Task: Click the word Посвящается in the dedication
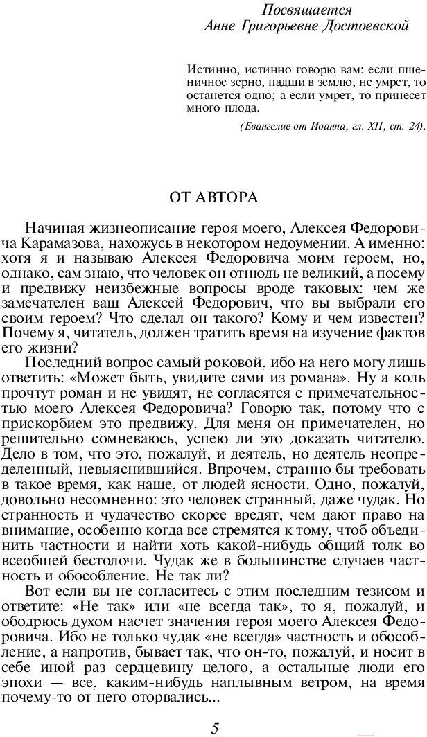click(x=307, y=10)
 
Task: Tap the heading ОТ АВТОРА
click(x=213, y=197)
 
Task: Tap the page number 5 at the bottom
click(x=215, y=727)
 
